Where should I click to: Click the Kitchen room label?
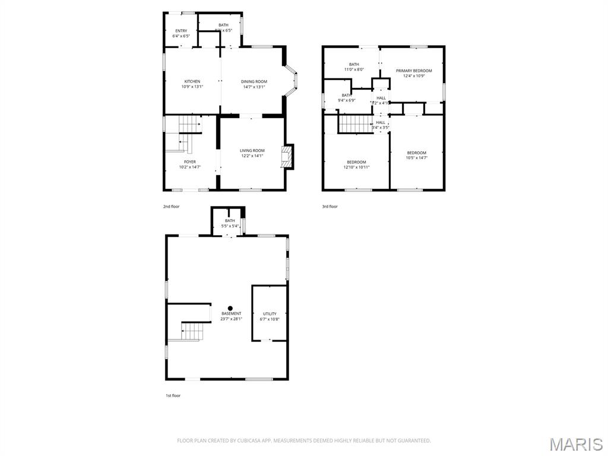pyautogui.click(x=192, y=81)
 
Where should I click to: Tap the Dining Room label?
pyautogui.click(x=254, y=81)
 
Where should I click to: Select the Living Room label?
pyautogui.click(x=252, y=150)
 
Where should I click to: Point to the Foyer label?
pyautogui.click(x=189, y=161)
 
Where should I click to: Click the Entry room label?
pyautogui.click(x=181, y=31)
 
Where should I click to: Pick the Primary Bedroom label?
pyautogui.click(x=414, y=71)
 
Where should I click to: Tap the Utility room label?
pyautogui.click(x=270, y=313)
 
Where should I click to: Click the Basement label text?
pyautogui.click(x=232, y=313)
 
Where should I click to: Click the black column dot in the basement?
pyautogui.click(x=230, y=308)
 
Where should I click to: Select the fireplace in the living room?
pyautogui.click(x=287, y=157)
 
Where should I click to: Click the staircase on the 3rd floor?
pyautogui.click(x=354, y=124)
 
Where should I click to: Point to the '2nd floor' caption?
pyautogui.click(x=171, y=207)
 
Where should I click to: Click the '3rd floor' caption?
pyautogui.click(x=330, y=207)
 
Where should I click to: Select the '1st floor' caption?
pyautogui.click(x=173, y=395)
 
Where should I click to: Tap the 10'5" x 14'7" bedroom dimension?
pyautogui.click(x=416, y=158)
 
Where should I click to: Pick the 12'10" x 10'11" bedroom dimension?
pyautogui.click(x=356, y=167)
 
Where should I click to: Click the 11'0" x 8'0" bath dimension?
pyautogui.click(x=354, y=70)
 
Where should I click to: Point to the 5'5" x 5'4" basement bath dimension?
pyautogui.click(x=230, y=226)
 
